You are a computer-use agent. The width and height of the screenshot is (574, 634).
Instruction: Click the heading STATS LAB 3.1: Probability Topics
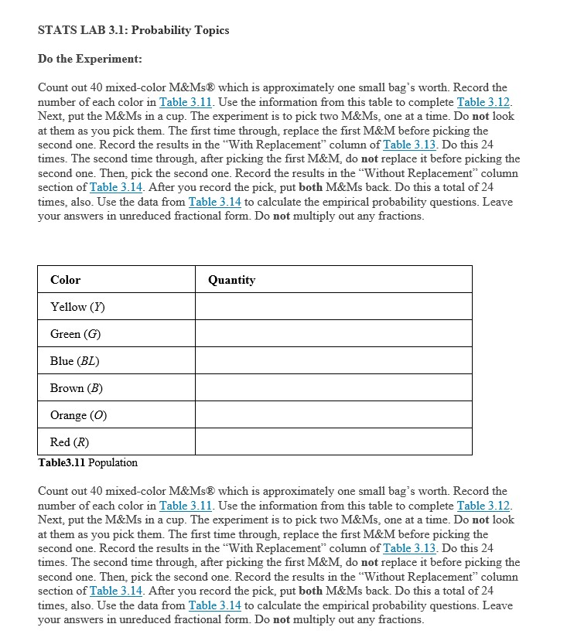[x=133, y=30]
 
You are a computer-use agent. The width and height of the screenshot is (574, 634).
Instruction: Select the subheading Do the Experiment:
[x=90, y=59]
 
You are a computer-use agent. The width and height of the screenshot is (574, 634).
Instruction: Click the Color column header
[x=65, y=280]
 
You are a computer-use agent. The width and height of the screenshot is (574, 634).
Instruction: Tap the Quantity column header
[x=231, y=280]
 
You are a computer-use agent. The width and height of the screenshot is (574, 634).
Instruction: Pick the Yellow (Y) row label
[x=78, y=307]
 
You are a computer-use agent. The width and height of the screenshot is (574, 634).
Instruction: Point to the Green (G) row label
[x=76, y=334]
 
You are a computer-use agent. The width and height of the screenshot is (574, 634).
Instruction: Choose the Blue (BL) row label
[x=75, y=361]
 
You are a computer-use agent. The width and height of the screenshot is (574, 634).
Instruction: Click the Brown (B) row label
[x=77, y=388]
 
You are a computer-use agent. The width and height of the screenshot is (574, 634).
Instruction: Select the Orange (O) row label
[x=78, y=415]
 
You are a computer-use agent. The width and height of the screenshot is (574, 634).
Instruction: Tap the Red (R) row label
[x=70, y=442]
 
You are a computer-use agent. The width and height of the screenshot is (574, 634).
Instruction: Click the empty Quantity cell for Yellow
[x=333, y=307]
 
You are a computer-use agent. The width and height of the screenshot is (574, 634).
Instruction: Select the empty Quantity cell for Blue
[x=333, y=361]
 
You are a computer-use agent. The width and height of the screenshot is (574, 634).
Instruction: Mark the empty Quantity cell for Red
[x=333, y=442]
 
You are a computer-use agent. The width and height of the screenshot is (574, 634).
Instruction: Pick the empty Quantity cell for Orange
[x=333, y=415]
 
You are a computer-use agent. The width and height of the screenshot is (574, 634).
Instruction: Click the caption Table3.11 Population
[x=87, y=462]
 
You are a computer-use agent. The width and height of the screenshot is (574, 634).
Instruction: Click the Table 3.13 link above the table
[x=408, y=145]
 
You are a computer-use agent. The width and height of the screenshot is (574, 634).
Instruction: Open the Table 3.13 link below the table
[x=408, y=548]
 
